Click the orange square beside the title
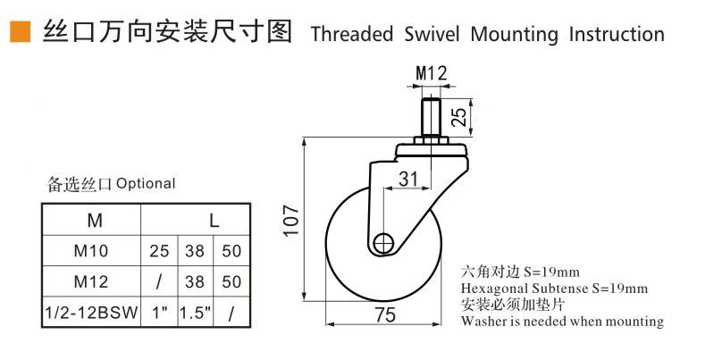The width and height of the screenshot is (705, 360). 21,32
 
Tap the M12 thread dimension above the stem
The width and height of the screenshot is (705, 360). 432,73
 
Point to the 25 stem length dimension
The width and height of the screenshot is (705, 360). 459,116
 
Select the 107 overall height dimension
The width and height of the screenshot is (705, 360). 292,221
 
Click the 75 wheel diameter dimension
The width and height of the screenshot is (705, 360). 385,315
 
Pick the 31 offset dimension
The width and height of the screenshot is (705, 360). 408,179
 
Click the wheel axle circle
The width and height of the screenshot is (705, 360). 383,244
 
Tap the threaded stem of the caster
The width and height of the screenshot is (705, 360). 431,118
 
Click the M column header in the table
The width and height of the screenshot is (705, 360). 95,221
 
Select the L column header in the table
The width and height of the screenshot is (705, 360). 214,221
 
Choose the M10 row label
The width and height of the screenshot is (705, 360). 91,251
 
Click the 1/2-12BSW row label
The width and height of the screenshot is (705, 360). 91,313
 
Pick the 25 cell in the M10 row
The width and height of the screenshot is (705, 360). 159,251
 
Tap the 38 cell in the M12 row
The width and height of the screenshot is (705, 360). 195,281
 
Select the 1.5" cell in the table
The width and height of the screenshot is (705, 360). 196,313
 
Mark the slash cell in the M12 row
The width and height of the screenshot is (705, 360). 159,281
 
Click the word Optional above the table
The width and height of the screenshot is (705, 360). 146,183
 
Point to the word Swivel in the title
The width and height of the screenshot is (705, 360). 432,34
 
